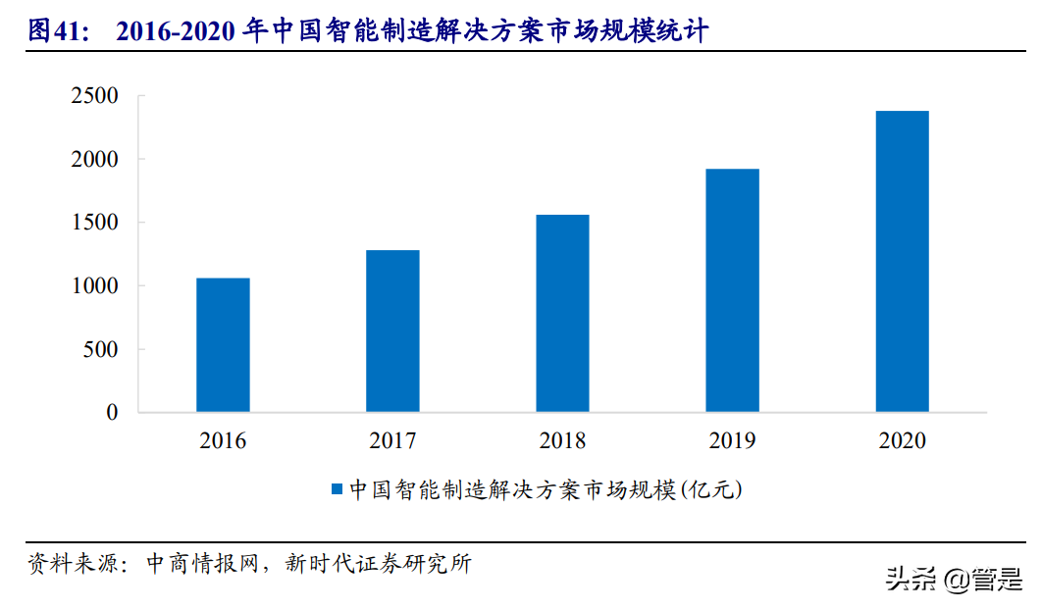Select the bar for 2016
223,344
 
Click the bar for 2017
392,330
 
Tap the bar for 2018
562,313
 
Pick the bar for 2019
732,290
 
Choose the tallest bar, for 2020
902,261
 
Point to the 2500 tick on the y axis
94,96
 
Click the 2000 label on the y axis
94,160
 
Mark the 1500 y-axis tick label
94,223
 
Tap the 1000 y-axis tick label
94,286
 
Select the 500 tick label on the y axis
100,350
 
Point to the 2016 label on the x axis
223,441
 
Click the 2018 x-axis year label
562,441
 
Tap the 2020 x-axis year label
902,441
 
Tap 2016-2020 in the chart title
178,31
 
